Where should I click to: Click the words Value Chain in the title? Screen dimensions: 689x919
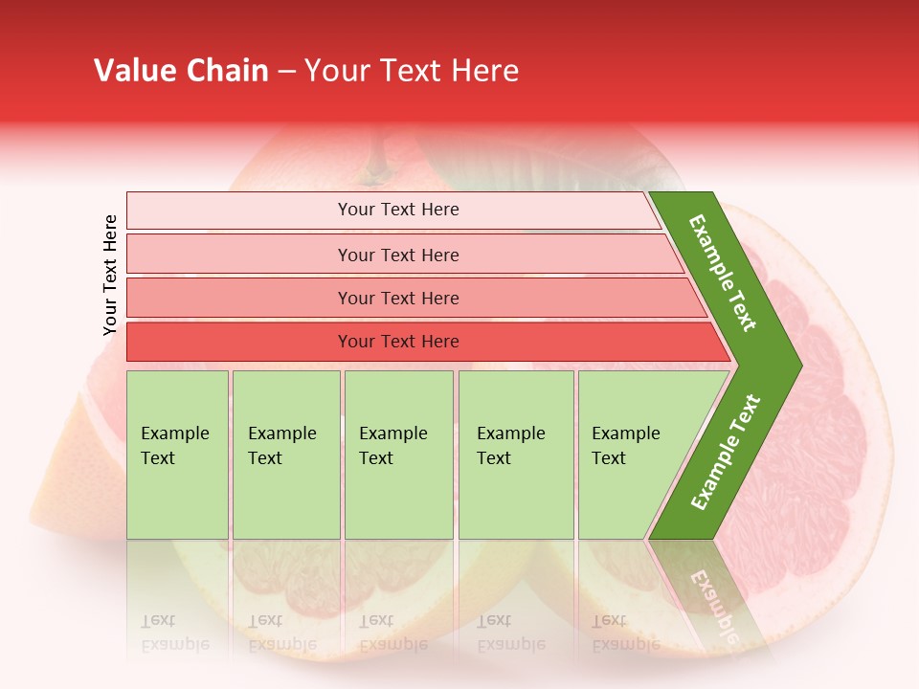pyautogui.click(x=181, y=71)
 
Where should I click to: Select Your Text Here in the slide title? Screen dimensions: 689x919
pyautogui.click(x=412, y=71)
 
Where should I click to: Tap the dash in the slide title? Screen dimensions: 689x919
pyautogui.click(x=286, y=72)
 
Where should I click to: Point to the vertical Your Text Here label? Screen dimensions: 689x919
pyautogui.click(x=110, y=276)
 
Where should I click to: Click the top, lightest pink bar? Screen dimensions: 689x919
pyautogui.click(x=397, y=210)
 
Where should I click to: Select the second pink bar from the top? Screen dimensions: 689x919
pyautogui.click(x=397, y=255)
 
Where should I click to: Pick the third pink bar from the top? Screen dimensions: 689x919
pyautogui.click(x=397, y=298)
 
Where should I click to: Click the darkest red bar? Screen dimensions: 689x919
pyautogui.click(x=397, y=342)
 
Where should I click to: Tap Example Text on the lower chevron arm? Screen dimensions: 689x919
pyautogui.click(x=726, y=452)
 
